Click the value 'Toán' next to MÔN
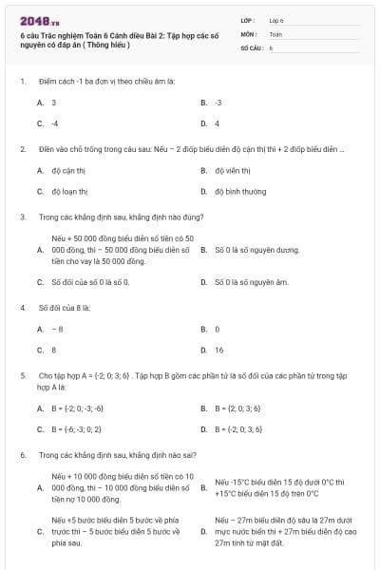click(x=275, y=33)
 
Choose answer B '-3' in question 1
click(x=218, y=102)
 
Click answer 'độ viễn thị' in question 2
click(x=232, y=171)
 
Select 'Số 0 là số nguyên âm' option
click(x=251, y=282)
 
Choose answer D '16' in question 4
click(x=218, y=350)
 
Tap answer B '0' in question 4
click(x=218, y=329)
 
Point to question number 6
click(x=22, y=455)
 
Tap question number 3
click(x=22, y=217)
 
